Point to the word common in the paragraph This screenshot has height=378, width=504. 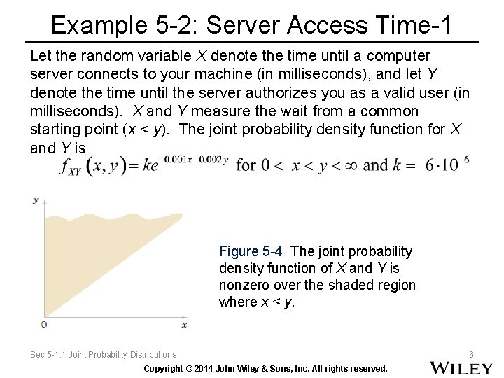386,111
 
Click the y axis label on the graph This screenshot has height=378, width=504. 36,200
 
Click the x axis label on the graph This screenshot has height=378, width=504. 184,325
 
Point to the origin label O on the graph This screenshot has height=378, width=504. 43,325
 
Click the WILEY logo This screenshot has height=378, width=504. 461,367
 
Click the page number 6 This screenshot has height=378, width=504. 471,355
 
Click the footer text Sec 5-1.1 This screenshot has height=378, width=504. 52,355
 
